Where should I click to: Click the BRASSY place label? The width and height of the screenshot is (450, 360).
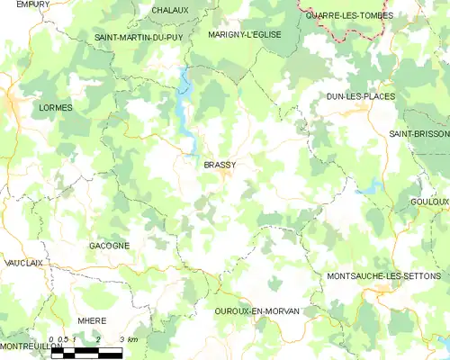point(220,165)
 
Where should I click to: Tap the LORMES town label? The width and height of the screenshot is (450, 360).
point(56,107)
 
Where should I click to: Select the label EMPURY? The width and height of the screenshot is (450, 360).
point(32,4)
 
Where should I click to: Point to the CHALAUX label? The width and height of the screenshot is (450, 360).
point(170,11)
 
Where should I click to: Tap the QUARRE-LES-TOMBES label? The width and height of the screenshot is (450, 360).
point(346,15)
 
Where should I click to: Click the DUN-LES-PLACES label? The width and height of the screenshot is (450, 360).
point(361,95)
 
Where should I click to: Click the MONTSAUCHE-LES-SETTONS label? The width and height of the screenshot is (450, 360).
point(384,275)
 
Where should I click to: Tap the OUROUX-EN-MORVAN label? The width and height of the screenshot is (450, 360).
point(257,310)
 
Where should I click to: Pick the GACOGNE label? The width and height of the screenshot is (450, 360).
point(109,246)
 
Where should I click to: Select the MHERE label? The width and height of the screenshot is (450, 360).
point(92,320)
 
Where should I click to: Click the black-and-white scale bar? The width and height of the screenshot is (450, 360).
point(86,353)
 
